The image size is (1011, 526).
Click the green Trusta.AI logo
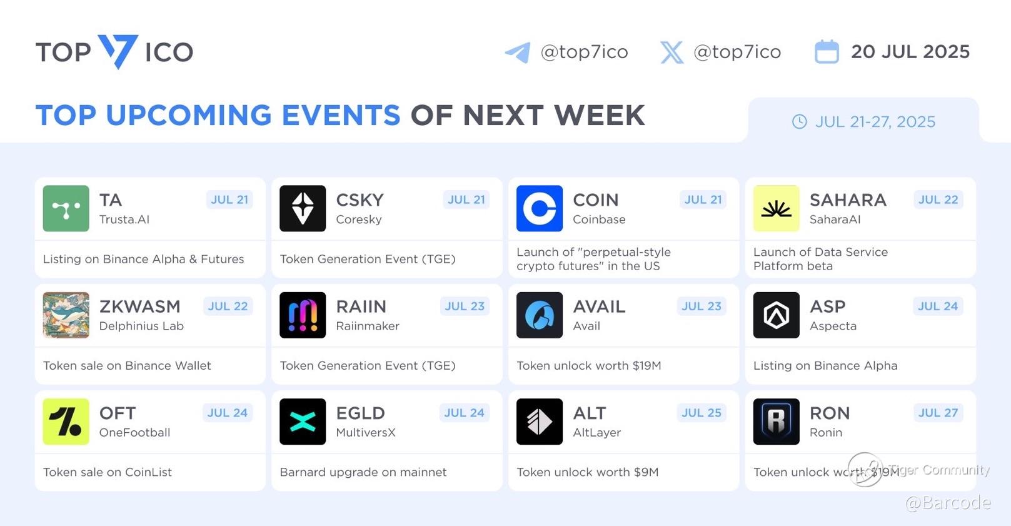click(x=66, y=209)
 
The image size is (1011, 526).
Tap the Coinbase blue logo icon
click(x=540, y=209)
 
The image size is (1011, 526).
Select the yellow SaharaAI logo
click(x=777, y=209)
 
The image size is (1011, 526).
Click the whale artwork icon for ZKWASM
click(x=66, y=315)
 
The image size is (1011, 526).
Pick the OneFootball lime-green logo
click(x=66, y=422)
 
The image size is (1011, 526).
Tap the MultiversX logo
click(x=303, y=422)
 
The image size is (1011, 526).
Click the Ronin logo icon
click(x=777, y=422)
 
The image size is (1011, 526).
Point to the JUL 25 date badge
click(x=702, y=413)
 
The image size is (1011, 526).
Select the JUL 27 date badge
click(x=938, y=413)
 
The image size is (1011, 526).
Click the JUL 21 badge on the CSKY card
click(x=466, y=200)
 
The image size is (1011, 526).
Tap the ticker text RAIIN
click(x=361, y=306)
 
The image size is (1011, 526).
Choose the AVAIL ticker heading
click(x=599, y=306)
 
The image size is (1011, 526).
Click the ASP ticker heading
click(x=827, y=306)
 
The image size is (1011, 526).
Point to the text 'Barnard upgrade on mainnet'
click(x=363, y=472)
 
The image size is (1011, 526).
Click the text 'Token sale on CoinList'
click(x=108, y=472)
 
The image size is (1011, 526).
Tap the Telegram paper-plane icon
click(x=518, y=53)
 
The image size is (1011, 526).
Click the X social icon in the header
click(x=671, y=53)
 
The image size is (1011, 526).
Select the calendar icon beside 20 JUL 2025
click(x=827, y=51)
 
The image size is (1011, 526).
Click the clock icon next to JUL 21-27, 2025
click(x=799, y=121)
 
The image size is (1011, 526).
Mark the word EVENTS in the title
click(x=341, y=115)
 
